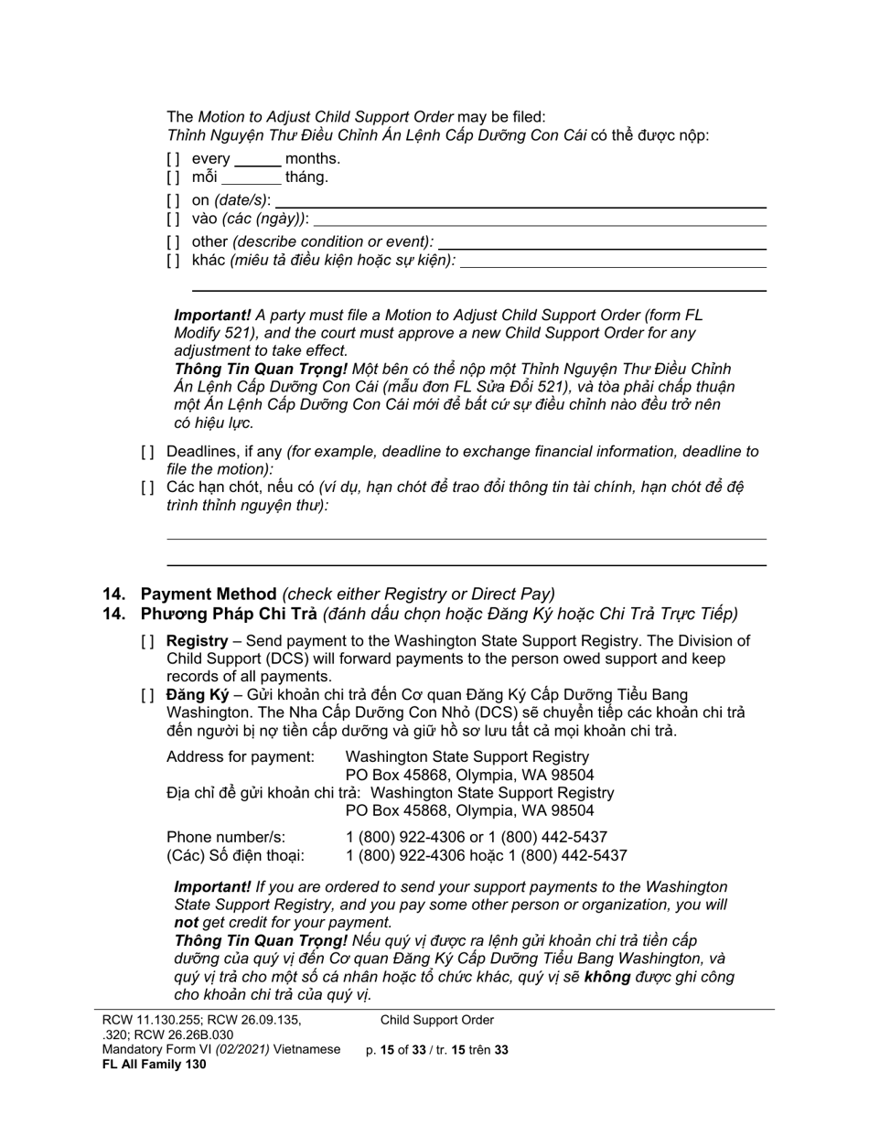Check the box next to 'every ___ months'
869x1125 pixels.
pyautogui.click(x=173, y=159)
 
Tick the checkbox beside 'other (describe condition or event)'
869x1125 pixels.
pyautogui.click(x=173, y=242)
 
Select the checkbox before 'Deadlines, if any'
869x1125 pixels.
pyautogui.click(x=147, y=452)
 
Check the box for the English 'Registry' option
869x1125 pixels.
pyautogui.click(x=147, y=642)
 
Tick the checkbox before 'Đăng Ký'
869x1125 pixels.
pyautogui.click(x=147, y=696)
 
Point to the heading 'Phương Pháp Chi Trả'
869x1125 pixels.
pyautogui.click(x=228, y=614)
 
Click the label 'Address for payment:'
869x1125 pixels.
pyautogui.click(x=240, y=757)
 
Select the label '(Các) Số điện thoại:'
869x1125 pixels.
pyautogui.click(x=235, y=856)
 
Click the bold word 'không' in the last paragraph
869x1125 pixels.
pyautogui.click(x=606, y=977)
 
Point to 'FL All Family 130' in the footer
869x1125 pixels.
pyautogui.click(x=154, y=1065)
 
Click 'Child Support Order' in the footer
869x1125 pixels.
pyautogui.click(x=437, y=1021)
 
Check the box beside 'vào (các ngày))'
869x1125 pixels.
pyautogui.click(x=173, y=220)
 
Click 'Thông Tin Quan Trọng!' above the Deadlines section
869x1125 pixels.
pyautogui.click(x=261, y=370)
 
